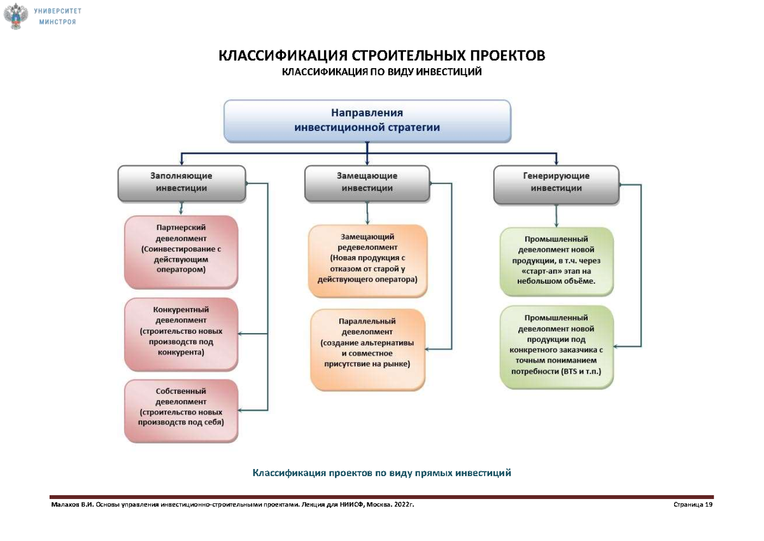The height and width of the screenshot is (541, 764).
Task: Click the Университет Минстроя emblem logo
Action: click(17, 16)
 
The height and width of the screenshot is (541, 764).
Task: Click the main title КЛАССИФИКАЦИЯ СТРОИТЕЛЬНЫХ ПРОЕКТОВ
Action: click(382, 56)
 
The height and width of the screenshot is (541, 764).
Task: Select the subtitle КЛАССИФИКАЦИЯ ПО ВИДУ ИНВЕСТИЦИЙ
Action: click(382, 72)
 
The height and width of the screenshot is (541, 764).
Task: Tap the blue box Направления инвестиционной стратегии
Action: click(367, 120)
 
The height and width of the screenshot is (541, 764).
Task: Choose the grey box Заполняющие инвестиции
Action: click(181, 182)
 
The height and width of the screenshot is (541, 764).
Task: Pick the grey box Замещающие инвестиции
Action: click(367, 182)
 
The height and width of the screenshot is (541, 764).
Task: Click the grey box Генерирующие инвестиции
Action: click(556, 182)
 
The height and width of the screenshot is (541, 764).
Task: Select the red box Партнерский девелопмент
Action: click(181, 249)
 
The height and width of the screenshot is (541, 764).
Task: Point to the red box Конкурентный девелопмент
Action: click(181, 331)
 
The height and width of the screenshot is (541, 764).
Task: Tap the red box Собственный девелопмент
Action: click(181, 407)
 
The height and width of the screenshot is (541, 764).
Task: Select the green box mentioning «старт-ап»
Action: click(556, 261)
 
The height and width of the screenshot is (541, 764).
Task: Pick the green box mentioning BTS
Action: click(556, 344)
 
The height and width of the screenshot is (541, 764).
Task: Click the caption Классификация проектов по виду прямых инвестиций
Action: click(382, 473)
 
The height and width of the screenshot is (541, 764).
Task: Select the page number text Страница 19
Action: click(692, 504)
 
